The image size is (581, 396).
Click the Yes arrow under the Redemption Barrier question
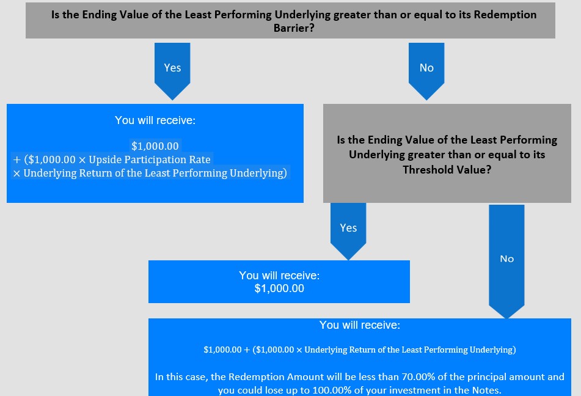[x=172, y=70]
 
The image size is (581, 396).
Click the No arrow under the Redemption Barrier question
[x=426, y=70]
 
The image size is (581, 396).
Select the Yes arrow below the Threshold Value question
[x=348, y=230]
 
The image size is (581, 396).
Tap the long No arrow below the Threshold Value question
[x=506, y=261]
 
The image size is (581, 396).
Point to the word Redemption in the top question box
[x=505, y=15]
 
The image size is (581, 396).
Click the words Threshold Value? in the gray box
[x=447, y=170]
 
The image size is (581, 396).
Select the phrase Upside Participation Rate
[x=150, y=160]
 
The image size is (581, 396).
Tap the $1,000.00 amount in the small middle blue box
[x=279, y=288]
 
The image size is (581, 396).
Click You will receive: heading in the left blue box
[x=155, y=120]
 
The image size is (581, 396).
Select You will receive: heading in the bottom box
[x=360, y=325]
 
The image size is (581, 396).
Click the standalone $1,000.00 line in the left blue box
[x=155, y=146]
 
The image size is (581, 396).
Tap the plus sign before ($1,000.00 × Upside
[x=16, y=160]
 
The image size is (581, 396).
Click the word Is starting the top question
[x=55, y=15]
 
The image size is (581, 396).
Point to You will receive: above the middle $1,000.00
[x=279, y=276]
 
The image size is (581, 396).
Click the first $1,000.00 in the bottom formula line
[x=223, y=350]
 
